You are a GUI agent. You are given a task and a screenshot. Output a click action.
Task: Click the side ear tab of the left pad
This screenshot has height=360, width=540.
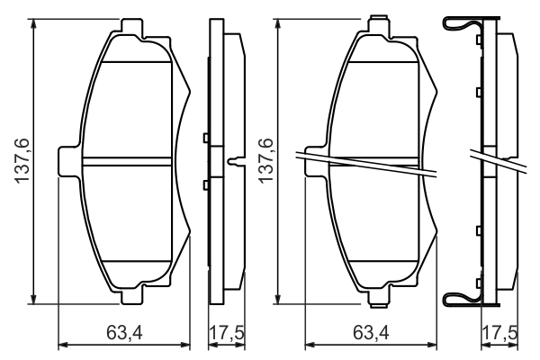pyautogui.click(x=67, y=162)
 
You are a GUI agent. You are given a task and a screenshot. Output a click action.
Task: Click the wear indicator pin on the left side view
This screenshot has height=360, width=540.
pyautogui.click(x=237, y=163)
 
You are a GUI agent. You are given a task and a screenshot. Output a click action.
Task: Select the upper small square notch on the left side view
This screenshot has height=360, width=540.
pyautogui.click(x=206, y=138)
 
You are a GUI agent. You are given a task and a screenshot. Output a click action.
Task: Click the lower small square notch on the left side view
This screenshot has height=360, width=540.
pyautogui.click(x=206, y=184)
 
